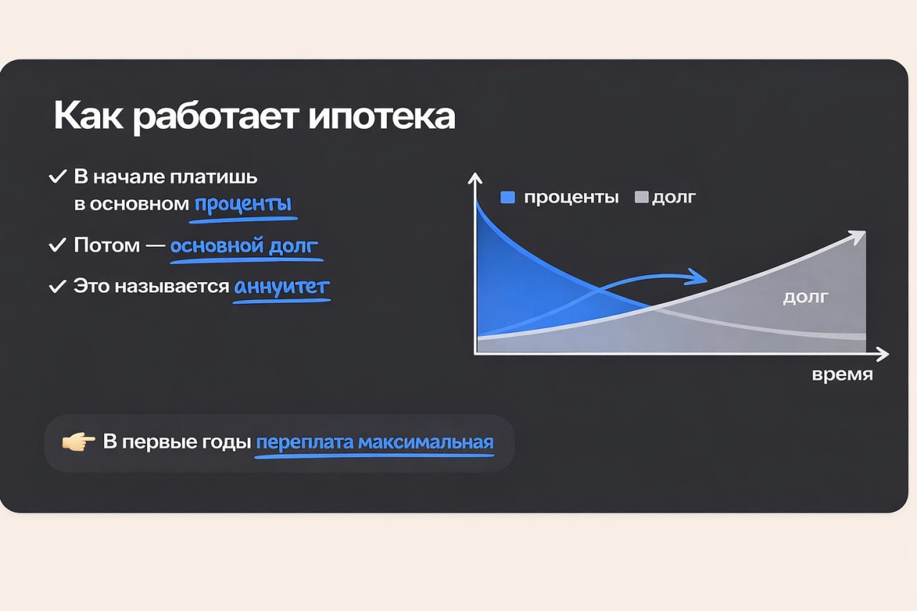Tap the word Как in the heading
point(89,117)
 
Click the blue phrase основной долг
point(244,246)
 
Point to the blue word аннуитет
point(282,287)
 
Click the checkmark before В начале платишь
point(57,176)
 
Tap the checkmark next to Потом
point(57,246)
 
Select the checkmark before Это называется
point(57,287)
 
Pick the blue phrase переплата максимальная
point(375,442)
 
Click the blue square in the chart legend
point(508,198)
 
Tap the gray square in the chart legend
point(641,198)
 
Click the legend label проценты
point(571,198)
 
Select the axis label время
point(842,375)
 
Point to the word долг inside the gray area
point(805,297)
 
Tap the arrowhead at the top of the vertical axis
point(474,180)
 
